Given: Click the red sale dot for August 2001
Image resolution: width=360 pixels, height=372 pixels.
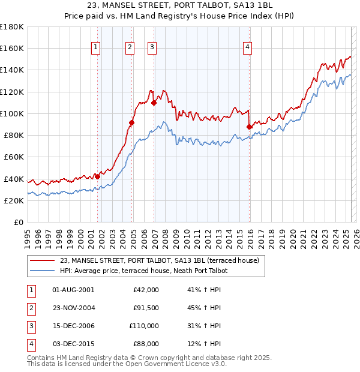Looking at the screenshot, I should pyautogui.click(x=97, y=176).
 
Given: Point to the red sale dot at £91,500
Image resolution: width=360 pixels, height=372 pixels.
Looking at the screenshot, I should pyautogui.click(x=132, y=123).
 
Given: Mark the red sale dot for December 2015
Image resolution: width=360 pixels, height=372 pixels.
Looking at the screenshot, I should pyautogui.click(x=250, y=127).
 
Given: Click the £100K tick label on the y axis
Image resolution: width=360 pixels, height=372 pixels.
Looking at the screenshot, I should pyautogui.click(x=12, y=113).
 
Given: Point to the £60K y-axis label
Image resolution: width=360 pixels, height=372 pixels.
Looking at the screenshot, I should pyautogui.click(x=14, y=157).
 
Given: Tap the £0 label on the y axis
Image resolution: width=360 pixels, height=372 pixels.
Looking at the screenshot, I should pyautogui.click(x=19, y=222).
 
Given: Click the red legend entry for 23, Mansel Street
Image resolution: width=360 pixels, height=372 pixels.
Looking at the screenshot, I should pyautogui.click(x=159, y=260).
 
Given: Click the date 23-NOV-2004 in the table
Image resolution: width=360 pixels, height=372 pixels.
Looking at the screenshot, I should pyautogui.click(x=74, y=308).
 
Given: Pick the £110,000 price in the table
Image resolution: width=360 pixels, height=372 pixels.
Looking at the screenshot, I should pyautogui.click(x=144, y=326).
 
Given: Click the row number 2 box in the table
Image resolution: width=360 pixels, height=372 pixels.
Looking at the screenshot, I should pyautogui.click(x=29, y=308).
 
